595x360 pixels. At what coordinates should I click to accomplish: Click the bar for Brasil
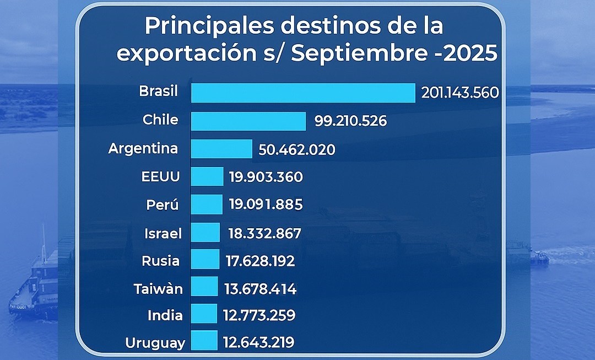(x=303, y=93)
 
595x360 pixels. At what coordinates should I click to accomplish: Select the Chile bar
(x=248, y=121)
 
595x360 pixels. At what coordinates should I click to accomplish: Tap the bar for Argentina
(x=221, y=149)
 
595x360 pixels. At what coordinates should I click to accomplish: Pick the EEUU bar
(x=207, y=177)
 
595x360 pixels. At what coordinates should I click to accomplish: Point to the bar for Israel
(x=205, y=233)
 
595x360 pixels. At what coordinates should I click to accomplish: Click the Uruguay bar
(x=204, y=341)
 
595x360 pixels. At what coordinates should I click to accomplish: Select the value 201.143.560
(x=460, y=93)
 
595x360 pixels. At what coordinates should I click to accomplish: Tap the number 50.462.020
(x=296, y=149)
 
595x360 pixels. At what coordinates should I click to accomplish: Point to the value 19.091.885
(x=266, y=205)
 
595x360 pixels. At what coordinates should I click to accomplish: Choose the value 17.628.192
(x=260, y=261)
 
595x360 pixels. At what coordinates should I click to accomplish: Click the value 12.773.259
(x=259, y=315)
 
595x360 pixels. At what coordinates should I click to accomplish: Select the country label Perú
(x=163, y=205)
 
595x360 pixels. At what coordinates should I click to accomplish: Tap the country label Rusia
(x=160, y=261)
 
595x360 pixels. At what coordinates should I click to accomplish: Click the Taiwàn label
(x=158, y=289)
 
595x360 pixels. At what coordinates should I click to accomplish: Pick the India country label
(x=165, y=315)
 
